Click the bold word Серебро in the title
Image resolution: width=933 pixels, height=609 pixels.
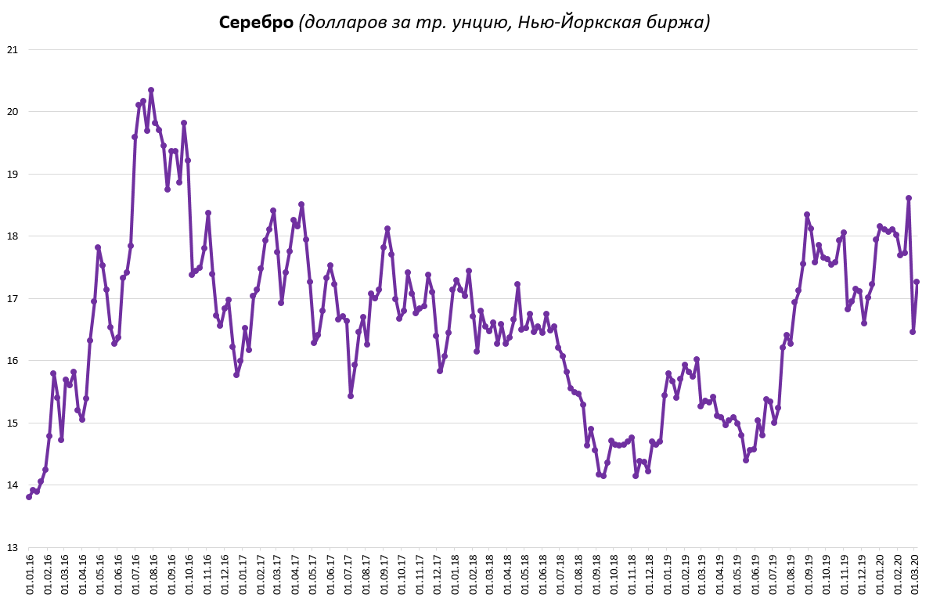[256, 23]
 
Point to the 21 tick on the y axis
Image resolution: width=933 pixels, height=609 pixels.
[12, 49]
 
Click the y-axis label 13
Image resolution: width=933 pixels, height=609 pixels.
[12, 547]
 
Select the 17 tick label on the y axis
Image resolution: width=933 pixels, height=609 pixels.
[12, 298]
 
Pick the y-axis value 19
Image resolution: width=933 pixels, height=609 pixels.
[12, 174]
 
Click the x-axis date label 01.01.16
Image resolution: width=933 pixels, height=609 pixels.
[30, 577]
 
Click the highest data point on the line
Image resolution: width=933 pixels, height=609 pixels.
[151, 90]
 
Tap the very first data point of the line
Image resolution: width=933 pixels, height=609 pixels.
[29, 496]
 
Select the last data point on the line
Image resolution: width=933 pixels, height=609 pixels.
[917, 282]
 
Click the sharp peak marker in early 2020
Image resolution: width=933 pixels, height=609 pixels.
[909, 198]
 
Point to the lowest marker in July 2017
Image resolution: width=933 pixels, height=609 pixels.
[351, 395]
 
